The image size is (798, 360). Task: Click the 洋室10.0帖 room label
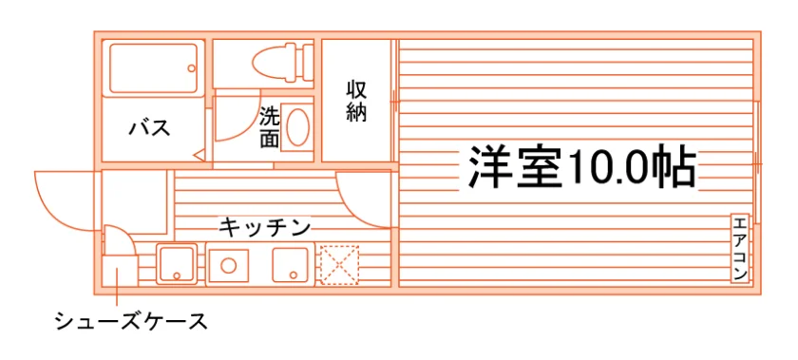[581, 167]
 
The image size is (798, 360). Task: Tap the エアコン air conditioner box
[740, 248]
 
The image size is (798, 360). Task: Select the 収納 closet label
[357, 102]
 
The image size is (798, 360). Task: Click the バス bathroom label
[149, 128]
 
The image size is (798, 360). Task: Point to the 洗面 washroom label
[269, 127]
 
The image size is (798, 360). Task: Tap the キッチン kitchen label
[265, 227]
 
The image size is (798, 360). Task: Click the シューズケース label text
[131, 321]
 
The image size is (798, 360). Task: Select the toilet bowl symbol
[274, 63]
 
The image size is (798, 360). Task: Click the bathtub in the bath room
[153, 68]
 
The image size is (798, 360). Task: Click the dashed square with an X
[339, 265]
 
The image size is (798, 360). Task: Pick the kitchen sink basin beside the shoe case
[177, 264]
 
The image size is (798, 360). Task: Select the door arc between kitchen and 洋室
[351, 210]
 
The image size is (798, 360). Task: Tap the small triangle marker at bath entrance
[199, 155]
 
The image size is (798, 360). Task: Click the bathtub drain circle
[191, 68]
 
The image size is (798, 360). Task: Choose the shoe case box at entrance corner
[120, 271]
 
